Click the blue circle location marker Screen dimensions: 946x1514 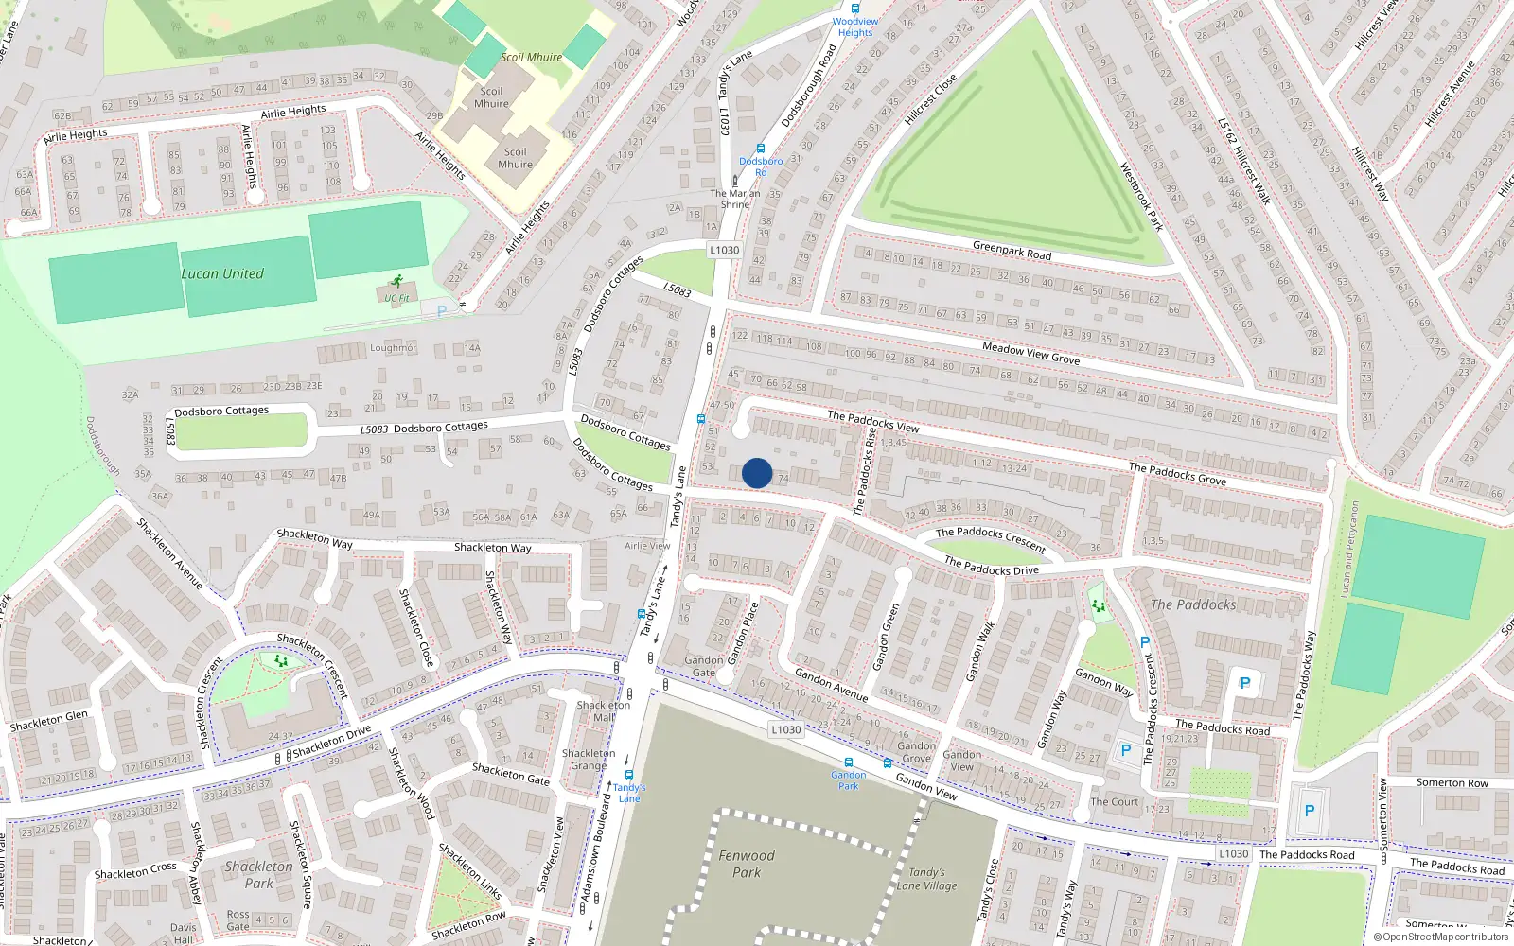pyautogui.click(x=757, y=473)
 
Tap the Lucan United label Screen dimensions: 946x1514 pyautogui.click(x=222, y=273)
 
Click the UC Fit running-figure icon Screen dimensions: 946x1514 pyautogui.click(x=396, y=281)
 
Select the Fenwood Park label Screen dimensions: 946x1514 pyautogui.click(x=746, y=864)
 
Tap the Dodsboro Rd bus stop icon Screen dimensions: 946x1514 pyautogui.click(x=760, y=149)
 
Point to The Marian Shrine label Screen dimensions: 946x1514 pyautogui.click(x=735, y=199)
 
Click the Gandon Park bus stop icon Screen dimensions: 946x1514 pyautogui.click(x=848, y=762)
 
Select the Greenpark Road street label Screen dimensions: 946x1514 pyautogui.click(x=1012, y=251)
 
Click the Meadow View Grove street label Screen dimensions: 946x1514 pyautogui.click(x=1030, y=353)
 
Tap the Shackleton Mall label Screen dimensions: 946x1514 pyautogui.click(x=603, y=710)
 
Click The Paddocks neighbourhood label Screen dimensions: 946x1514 pyautogui.click(x=1192, y=604)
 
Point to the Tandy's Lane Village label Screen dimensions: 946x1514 pyautogui.click(x=926, y=879)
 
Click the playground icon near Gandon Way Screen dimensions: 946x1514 pyautogui.click(x=1098, y=605)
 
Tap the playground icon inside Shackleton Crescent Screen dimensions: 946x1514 pyautogui.click(x=280, y=661)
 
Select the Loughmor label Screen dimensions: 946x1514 pyautogui.click(x=393, y=348)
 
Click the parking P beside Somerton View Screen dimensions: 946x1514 pyautogui.click(x=1309, y=811)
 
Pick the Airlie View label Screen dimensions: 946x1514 pyautogui.click(x=647, y=546)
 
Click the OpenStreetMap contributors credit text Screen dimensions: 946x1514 pyautogui.click(x=1445, y=937)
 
